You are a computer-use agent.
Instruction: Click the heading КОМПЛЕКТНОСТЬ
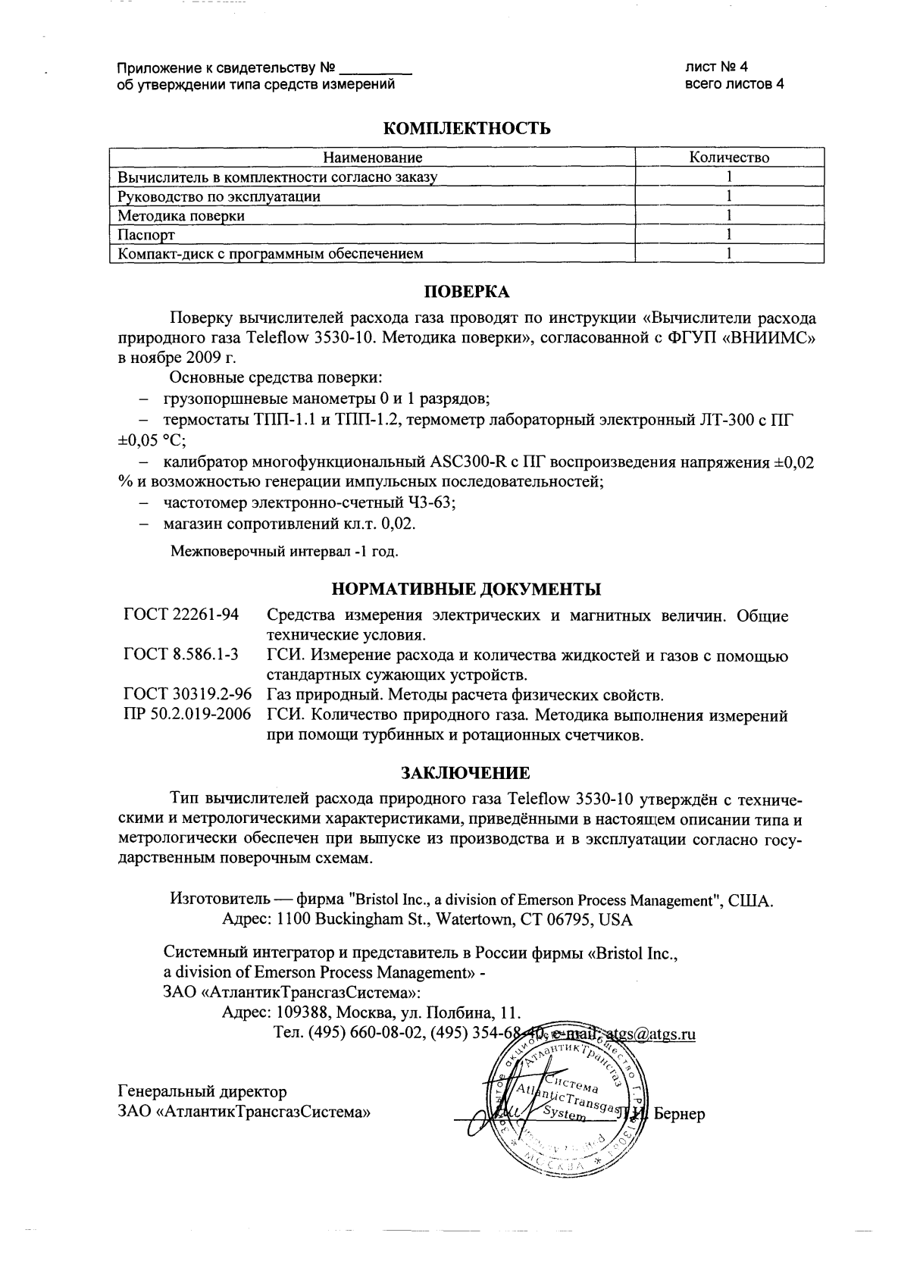(467, 129)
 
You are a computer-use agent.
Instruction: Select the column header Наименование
(372, 158)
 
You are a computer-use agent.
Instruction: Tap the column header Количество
(728, 158)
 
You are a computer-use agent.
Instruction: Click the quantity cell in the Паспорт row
(728, 234)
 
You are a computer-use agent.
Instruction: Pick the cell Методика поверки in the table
(181, 215)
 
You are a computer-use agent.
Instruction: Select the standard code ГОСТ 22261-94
(180, 615)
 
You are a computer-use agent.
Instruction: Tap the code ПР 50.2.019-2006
(187, 715)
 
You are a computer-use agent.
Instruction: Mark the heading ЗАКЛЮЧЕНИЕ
(465, 773)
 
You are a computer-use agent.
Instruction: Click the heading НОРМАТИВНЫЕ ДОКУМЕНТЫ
(467, 589)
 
